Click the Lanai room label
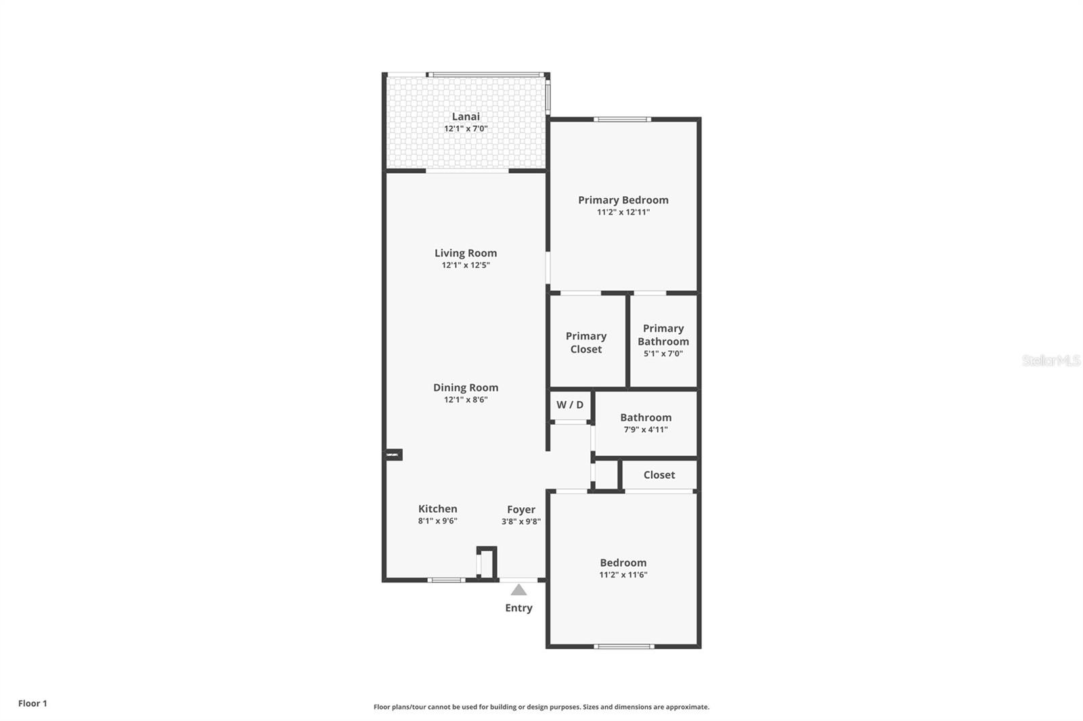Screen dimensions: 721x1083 466,116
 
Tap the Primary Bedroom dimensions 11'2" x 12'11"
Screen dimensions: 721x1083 623,212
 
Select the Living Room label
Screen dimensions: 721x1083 466,253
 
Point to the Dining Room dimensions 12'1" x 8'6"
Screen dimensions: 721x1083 466,400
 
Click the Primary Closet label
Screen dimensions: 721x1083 586,342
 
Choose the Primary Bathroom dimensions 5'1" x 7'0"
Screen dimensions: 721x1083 663,354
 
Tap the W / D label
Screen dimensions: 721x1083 570,404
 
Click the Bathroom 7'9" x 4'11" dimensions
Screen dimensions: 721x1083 646,429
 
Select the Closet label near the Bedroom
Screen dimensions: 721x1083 659,475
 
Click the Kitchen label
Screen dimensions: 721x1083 437,509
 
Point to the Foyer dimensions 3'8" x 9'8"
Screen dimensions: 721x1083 521,521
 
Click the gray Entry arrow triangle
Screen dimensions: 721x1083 518,590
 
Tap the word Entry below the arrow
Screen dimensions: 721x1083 518,608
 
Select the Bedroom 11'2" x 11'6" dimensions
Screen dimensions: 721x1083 623,575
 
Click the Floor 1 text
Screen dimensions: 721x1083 32,703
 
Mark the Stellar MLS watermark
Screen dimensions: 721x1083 1051,360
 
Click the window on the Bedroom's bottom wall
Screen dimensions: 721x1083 623,646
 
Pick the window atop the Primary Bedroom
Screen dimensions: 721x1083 623,120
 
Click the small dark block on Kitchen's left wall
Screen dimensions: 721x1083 393,455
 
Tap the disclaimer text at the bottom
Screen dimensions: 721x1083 541,707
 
